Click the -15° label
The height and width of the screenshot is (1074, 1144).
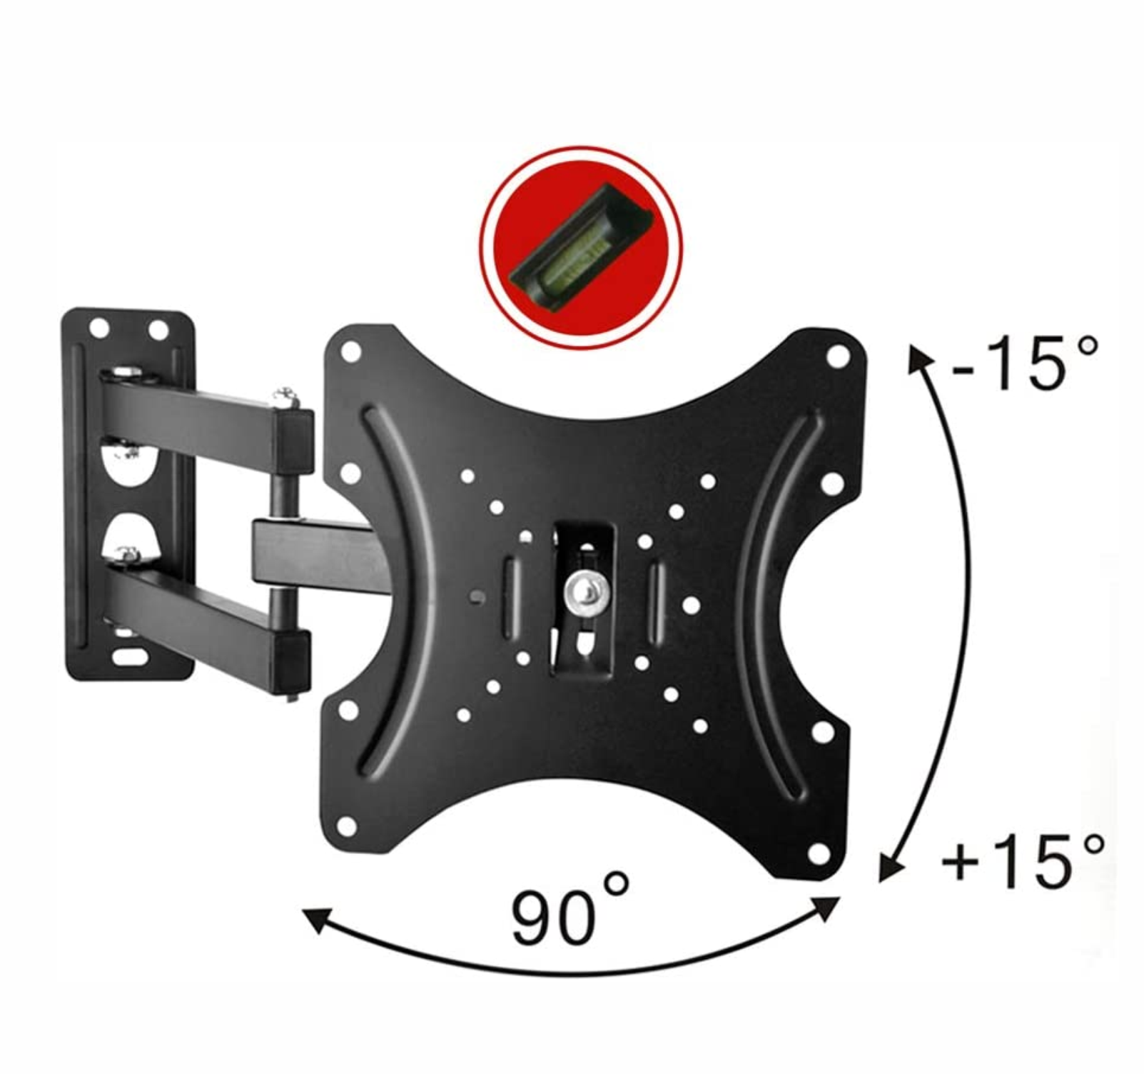(x=1025, y=363)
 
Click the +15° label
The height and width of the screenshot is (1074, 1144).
(x=1022, y=861)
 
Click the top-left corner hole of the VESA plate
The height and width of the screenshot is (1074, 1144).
(x=350, y=351)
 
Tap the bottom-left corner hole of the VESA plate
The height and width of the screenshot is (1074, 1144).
(x=346, y=826)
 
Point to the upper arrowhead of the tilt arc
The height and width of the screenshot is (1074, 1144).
(x=917, y=356)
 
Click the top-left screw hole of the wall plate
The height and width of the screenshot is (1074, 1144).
(x=99, y=328)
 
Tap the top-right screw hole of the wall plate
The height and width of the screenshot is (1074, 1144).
(x=158, y=330)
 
